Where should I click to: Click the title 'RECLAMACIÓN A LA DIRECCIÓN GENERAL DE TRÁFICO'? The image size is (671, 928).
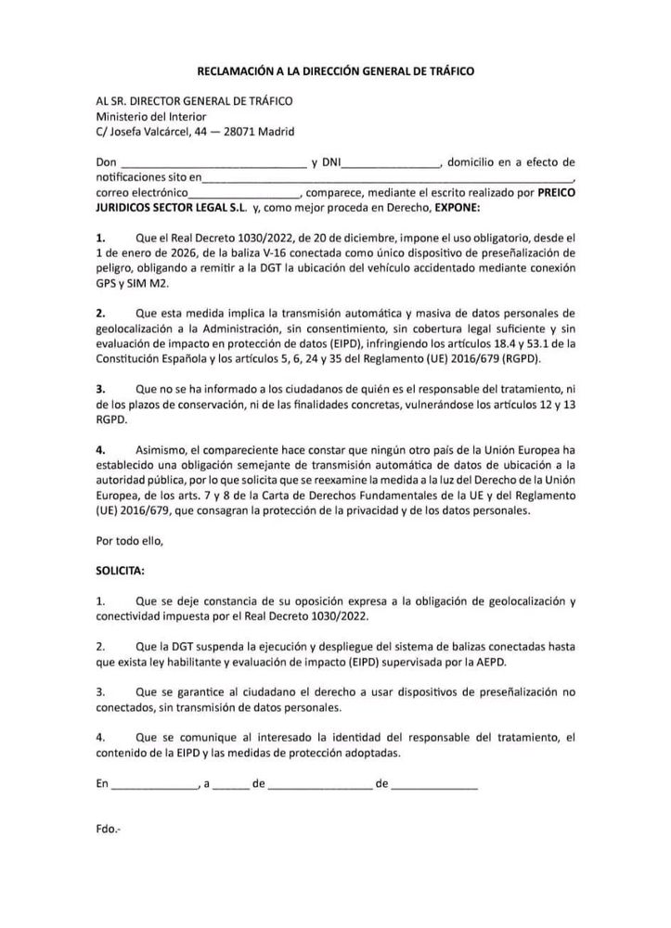(x=334, y=71)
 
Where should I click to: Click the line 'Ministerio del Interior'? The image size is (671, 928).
(x=151, y=116)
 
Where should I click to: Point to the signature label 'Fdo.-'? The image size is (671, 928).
(x=108, y=828)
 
